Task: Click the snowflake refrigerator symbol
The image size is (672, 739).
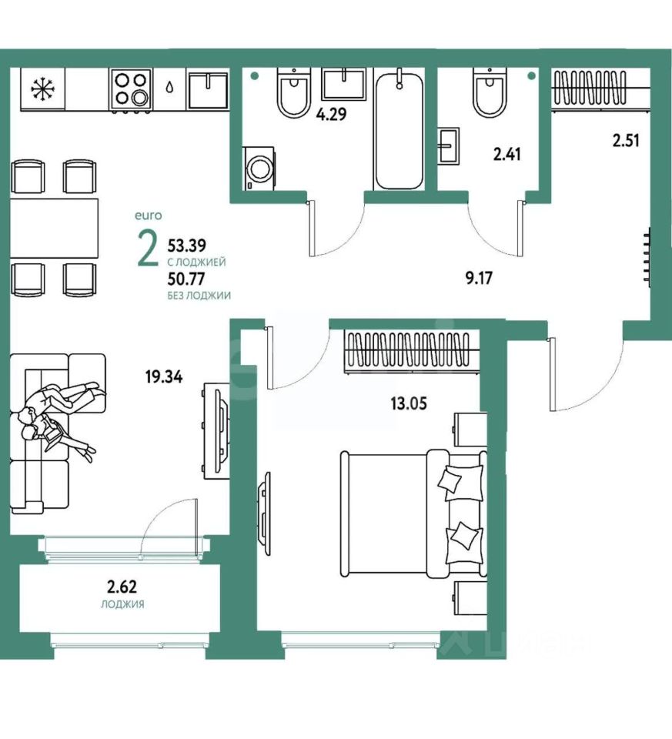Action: tap(42, 89)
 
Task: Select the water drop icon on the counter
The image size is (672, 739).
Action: tap(169, 88)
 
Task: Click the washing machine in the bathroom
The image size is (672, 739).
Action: tap(259, 169)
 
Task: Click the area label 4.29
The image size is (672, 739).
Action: tap(331, 114)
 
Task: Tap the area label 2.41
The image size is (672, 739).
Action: tap(507, 154)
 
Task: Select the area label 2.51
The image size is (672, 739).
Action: tap(626, 140)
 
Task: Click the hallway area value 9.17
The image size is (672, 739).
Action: tap(479, 278)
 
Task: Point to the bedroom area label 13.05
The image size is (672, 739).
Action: tap(409, 403)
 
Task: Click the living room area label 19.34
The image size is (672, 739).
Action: tap(164, 377)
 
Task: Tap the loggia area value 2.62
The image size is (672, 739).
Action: tap(122, 587)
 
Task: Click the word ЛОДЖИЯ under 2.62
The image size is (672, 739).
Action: tap(122, 604)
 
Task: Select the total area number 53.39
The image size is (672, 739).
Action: tap(186, 246)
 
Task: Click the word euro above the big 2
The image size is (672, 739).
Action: tap(148, 216)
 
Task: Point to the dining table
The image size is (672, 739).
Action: tap(55, 228)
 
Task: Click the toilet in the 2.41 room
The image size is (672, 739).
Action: tap(490, 93)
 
